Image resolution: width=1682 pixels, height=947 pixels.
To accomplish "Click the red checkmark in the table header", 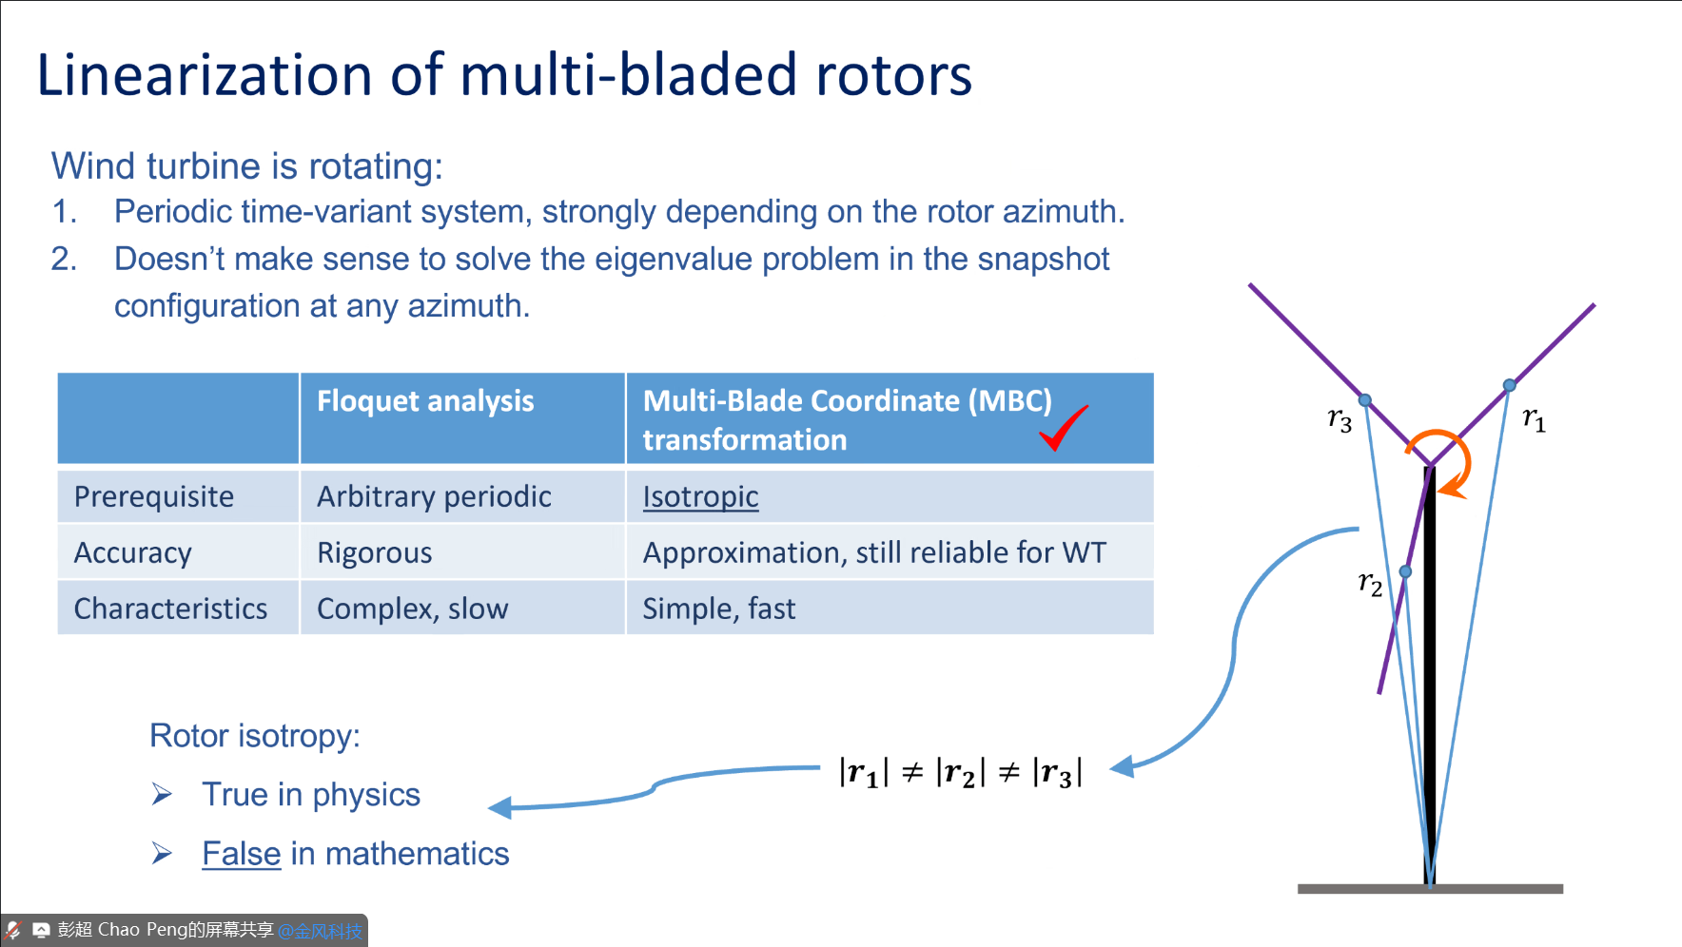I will coord(1062,428).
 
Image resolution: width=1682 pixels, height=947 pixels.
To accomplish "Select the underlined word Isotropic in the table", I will coord(700,496).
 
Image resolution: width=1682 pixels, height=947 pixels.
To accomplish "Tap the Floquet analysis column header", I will coord(425,401).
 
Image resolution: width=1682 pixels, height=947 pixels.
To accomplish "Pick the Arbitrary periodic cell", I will coord(434,496).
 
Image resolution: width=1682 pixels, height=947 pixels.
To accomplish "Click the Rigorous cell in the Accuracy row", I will coord(374,552).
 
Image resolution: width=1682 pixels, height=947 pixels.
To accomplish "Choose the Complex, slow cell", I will coord(412,609).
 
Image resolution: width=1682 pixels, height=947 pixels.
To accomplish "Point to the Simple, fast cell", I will coord(718,609).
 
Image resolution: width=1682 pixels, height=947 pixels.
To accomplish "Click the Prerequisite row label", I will coord(154,496).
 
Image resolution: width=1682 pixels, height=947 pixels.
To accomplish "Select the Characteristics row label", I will coord(170,609).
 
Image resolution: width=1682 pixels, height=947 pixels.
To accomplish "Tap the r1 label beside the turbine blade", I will coord(1534,418).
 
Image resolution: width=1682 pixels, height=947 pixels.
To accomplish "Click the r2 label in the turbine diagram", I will coord(1370,583).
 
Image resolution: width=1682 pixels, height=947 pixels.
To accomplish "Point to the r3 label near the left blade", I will coord(1340,418).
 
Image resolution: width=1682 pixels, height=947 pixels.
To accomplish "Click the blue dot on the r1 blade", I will coord(1509,385).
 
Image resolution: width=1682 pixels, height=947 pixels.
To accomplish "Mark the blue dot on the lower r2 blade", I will coord(1405,571).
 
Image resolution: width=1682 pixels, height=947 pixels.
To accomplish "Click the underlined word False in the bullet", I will coord(241,854).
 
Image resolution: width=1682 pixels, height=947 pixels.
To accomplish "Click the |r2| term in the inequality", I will coord(960,772).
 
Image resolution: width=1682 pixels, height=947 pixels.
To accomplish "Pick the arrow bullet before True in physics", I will coord(162,794).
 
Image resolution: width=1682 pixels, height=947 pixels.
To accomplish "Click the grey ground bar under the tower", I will coord(1430,889).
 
